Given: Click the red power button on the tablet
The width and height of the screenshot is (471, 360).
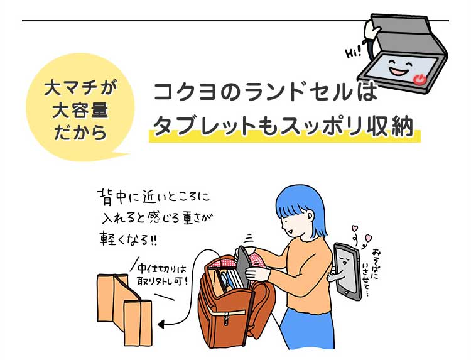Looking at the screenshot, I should [419, 80].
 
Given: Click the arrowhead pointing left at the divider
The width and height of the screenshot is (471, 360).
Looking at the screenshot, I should [163, 325].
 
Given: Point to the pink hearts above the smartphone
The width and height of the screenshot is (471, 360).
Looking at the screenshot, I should [362, 234].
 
